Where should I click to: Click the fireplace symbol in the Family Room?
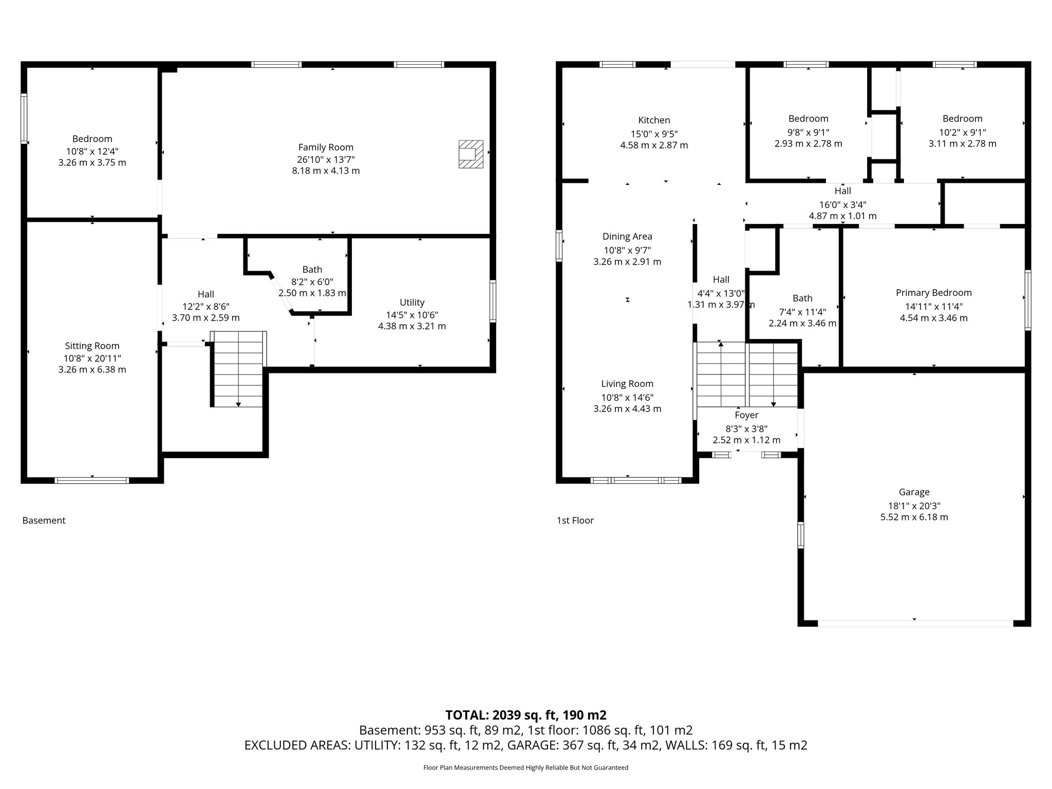coord(471,154)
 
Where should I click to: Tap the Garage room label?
coord(914,492)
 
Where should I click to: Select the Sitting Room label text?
coord(92,346)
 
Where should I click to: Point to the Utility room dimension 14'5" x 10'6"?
coord(412,315)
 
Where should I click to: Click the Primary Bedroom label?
coord(933,293)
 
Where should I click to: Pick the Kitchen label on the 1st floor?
coord(654,120)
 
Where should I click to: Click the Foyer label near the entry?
coord(746,415)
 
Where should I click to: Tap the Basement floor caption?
coord(44,520)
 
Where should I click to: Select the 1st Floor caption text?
coord(575,520)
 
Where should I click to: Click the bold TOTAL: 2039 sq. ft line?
coord(525,715)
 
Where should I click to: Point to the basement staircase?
coord(239,369)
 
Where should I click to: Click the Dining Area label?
coord(627,236)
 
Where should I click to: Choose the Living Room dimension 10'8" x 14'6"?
coord(627,397)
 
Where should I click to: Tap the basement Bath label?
coord(312,270)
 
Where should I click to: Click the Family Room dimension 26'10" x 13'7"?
coord(326,159)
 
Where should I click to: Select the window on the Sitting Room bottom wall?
coord(92,481)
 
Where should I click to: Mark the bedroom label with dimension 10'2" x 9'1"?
coord(962,119)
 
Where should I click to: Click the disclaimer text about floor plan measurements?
coord(525,767)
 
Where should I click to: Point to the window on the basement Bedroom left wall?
coord(24,118)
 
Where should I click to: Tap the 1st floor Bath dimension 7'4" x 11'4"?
coord(802,311)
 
